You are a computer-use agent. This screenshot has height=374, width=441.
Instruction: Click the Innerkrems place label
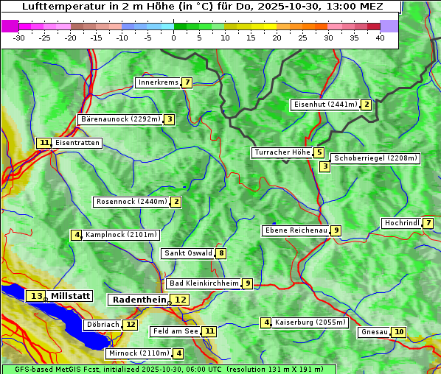point(158,82)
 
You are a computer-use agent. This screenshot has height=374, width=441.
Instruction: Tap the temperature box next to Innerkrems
point(187,82)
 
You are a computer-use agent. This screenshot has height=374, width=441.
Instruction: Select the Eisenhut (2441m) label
point(324,105)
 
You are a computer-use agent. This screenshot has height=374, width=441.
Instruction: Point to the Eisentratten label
point(77,143)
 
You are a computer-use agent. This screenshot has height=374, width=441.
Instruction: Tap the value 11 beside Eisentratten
point(44,143)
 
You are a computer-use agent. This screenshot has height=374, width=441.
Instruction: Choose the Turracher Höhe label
point(282,152)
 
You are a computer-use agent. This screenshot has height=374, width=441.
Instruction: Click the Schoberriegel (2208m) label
point(375,158)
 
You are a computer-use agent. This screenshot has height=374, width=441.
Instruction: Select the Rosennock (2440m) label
point(131,202)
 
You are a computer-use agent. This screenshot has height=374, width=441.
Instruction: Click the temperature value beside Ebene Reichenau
point(336,230)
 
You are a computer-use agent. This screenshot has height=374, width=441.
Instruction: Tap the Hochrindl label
point(401,223)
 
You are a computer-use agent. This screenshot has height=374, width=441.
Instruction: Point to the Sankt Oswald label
point(188,253)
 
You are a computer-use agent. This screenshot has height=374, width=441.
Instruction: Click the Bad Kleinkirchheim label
point(204,283)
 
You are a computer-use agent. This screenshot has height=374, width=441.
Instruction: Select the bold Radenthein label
point(139,300)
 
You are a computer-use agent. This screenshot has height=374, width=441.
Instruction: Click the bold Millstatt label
point(71,296)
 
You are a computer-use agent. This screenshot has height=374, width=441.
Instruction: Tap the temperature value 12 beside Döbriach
point(131,324)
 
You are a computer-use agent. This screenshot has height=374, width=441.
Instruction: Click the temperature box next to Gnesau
point(399,332)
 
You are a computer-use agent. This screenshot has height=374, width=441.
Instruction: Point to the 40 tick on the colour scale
point(380,38)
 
